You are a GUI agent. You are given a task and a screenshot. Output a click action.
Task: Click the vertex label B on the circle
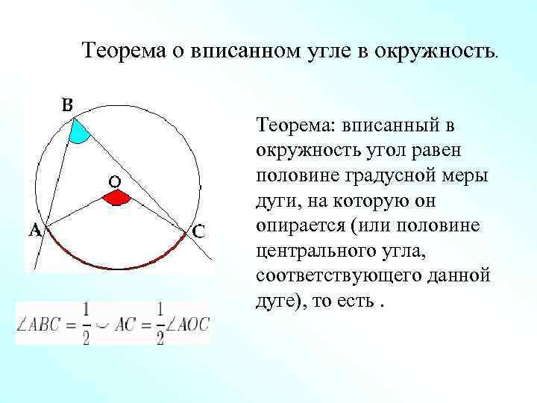pos(66,107)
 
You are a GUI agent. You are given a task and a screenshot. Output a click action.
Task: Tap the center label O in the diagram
pos(116,181)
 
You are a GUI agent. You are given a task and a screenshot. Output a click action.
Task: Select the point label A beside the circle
pos(34,231)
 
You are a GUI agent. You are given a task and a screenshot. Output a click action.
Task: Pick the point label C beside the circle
pos(199,232)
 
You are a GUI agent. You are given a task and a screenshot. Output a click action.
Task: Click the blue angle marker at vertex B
pos(78,131)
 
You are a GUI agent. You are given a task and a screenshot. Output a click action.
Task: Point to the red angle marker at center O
pos(116,198)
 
